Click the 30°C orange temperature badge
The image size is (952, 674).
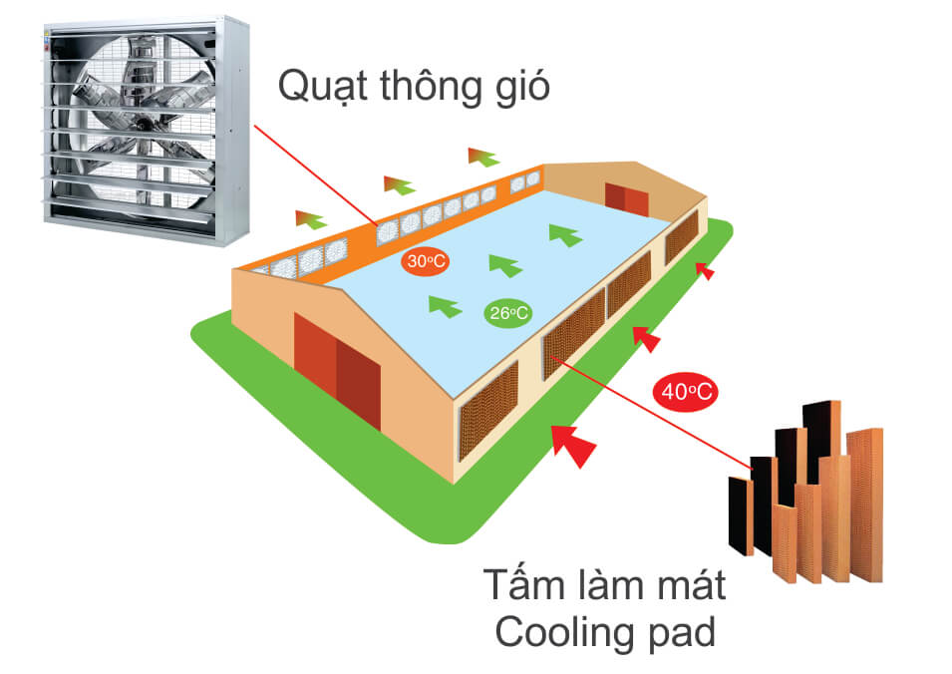coord(424,262)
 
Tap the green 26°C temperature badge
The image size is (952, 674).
coord(508,313)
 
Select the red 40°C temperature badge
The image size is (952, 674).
coord(686,392)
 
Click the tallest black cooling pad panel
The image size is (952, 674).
coord(823,439)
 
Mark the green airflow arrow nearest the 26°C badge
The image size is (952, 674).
coord(445,305)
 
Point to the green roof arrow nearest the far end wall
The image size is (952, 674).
coord(564,235)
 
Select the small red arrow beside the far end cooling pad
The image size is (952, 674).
coord(705,269)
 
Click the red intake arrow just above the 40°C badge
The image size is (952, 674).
coord(647,339)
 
